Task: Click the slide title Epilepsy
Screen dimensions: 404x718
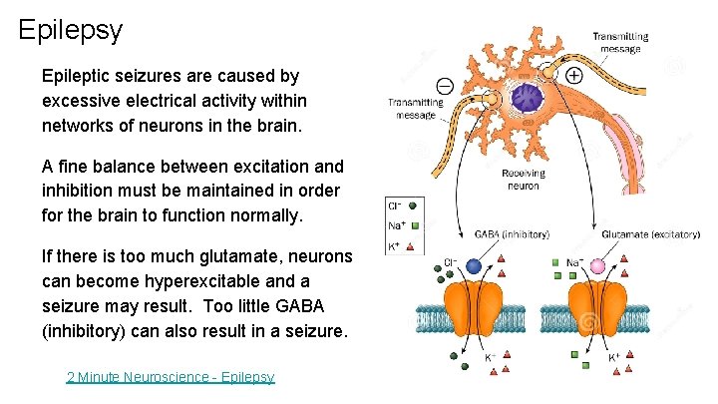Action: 70,29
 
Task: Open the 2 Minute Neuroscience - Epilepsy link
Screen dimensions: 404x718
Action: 170,376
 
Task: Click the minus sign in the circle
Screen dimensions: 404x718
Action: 445,86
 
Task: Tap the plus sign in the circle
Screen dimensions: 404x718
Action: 574,75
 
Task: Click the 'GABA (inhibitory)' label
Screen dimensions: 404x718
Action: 511,234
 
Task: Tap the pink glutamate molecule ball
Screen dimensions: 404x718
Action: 598,266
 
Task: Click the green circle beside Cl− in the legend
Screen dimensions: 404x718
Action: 411,205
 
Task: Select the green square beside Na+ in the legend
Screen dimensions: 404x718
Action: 412,225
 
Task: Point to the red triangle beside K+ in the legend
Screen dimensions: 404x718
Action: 412,244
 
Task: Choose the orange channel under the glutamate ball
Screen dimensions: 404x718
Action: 599,309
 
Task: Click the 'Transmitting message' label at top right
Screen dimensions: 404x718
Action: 620,42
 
